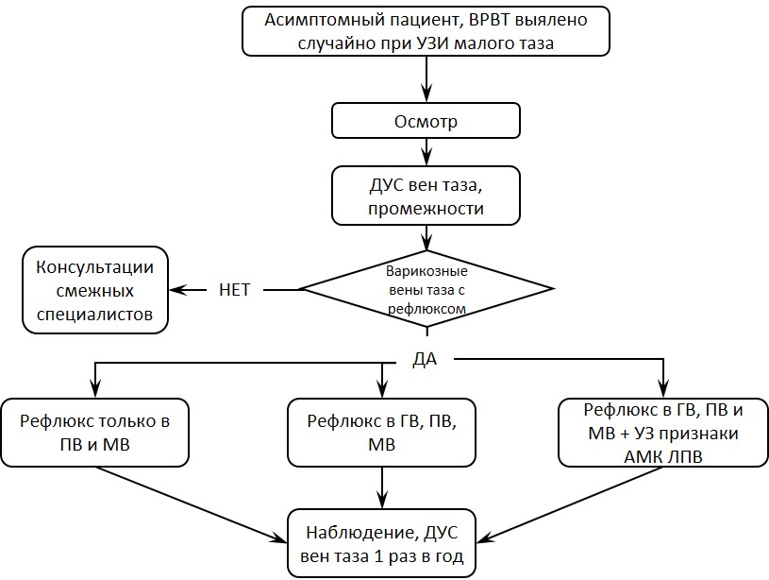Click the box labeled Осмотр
[x=426, y=121]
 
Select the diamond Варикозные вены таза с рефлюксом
[x=426, y=289]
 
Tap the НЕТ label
[x=234, y=290]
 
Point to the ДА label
[x=425, y=360]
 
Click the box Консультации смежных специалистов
[x=95, y=290]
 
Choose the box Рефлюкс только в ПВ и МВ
[x=94, y=433]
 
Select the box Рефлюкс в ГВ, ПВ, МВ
[x=381, y=433]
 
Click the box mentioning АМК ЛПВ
[x=663, y=433]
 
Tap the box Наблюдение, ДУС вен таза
[x=381, y=544]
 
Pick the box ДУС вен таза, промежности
[x=426, y=196]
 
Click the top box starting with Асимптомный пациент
[x=426, y=31]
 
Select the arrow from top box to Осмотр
[x=426, y=79]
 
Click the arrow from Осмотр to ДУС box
[x=426, y=152]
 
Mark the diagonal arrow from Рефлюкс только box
[x=191, y=504]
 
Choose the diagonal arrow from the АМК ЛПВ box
[x=570, y=504]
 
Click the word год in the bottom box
[x=447, y=557]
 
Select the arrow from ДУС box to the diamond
[x=426, y=238]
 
